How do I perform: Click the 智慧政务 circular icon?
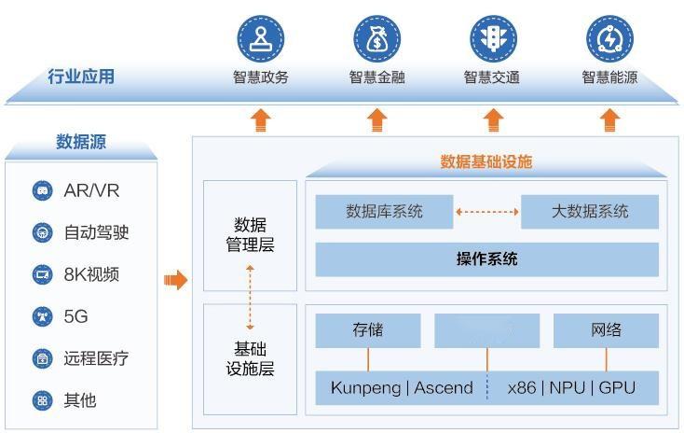click(x=260, y=38)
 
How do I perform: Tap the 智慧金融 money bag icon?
click(x=376, y=38)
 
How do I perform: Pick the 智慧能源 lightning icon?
click(x=609, y=38)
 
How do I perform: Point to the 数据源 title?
click(x=81, y=142)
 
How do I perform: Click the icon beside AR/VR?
click(x=41, y=191)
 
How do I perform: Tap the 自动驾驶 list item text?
click(x=96, y=232)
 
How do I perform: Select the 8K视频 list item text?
click(x=91, y=274)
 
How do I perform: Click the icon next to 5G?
click(x=41, y=316)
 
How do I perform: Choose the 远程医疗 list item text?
click(x=96, y=358)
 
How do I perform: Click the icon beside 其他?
click(x=41, y=400)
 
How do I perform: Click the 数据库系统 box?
click(x=384, y=212)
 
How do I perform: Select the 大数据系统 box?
click(x=589, y=212)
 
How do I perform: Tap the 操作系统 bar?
click(x=486, y=259)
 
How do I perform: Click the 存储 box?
click(x=367, y=330)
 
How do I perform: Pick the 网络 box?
click(x=606, y=330)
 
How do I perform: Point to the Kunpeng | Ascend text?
click(x=402, y=387)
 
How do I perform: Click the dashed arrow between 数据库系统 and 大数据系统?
click(x=486, y=212)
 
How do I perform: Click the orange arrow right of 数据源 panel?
click(x=175, y=280)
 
